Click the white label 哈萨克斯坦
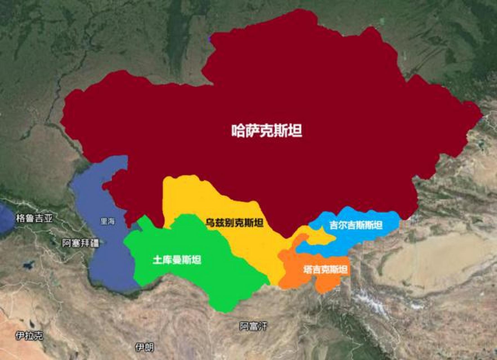coord(267,131)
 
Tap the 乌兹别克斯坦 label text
coord(234,223)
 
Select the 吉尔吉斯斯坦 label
coord(356,225)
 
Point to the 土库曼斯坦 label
coord(177,260)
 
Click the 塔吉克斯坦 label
coord(325,270)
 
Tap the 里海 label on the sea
coord(108,221)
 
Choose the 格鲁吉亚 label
coord(34,218)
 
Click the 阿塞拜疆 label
coord(80,243)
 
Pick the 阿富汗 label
coord(253,326)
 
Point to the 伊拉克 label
coord(29,336)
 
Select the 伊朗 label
coord(144,348)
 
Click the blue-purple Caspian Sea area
coord(113,259)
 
